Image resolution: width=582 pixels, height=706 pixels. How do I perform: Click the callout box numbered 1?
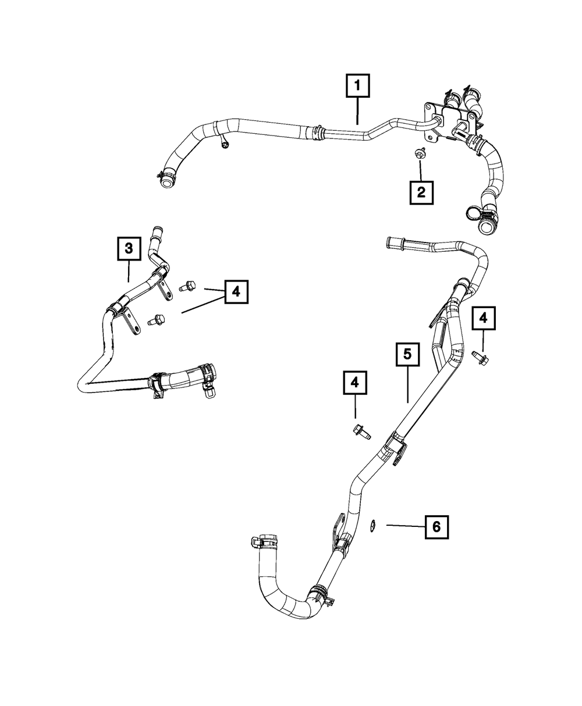[x=357, y=86]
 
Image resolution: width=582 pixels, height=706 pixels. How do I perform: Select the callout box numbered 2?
[x=421, y=192]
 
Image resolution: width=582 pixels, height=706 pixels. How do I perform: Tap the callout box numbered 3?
[x=129, y=248]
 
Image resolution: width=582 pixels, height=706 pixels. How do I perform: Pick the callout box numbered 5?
[x=408, y=354]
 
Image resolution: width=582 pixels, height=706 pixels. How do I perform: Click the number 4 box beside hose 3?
[x=236, y=291]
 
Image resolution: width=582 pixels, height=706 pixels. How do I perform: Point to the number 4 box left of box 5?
[x=355, y=383]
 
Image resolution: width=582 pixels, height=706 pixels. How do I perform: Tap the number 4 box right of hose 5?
[x=483, y=318]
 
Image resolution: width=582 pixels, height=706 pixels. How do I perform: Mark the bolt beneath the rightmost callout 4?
[x=481, y=358]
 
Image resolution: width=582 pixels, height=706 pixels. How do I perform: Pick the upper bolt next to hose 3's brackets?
[x=187, y=287]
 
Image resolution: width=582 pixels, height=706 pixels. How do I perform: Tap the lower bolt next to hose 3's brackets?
[x=157, y=319]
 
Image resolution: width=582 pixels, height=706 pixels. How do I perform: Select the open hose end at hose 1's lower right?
[x=486, y=227]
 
